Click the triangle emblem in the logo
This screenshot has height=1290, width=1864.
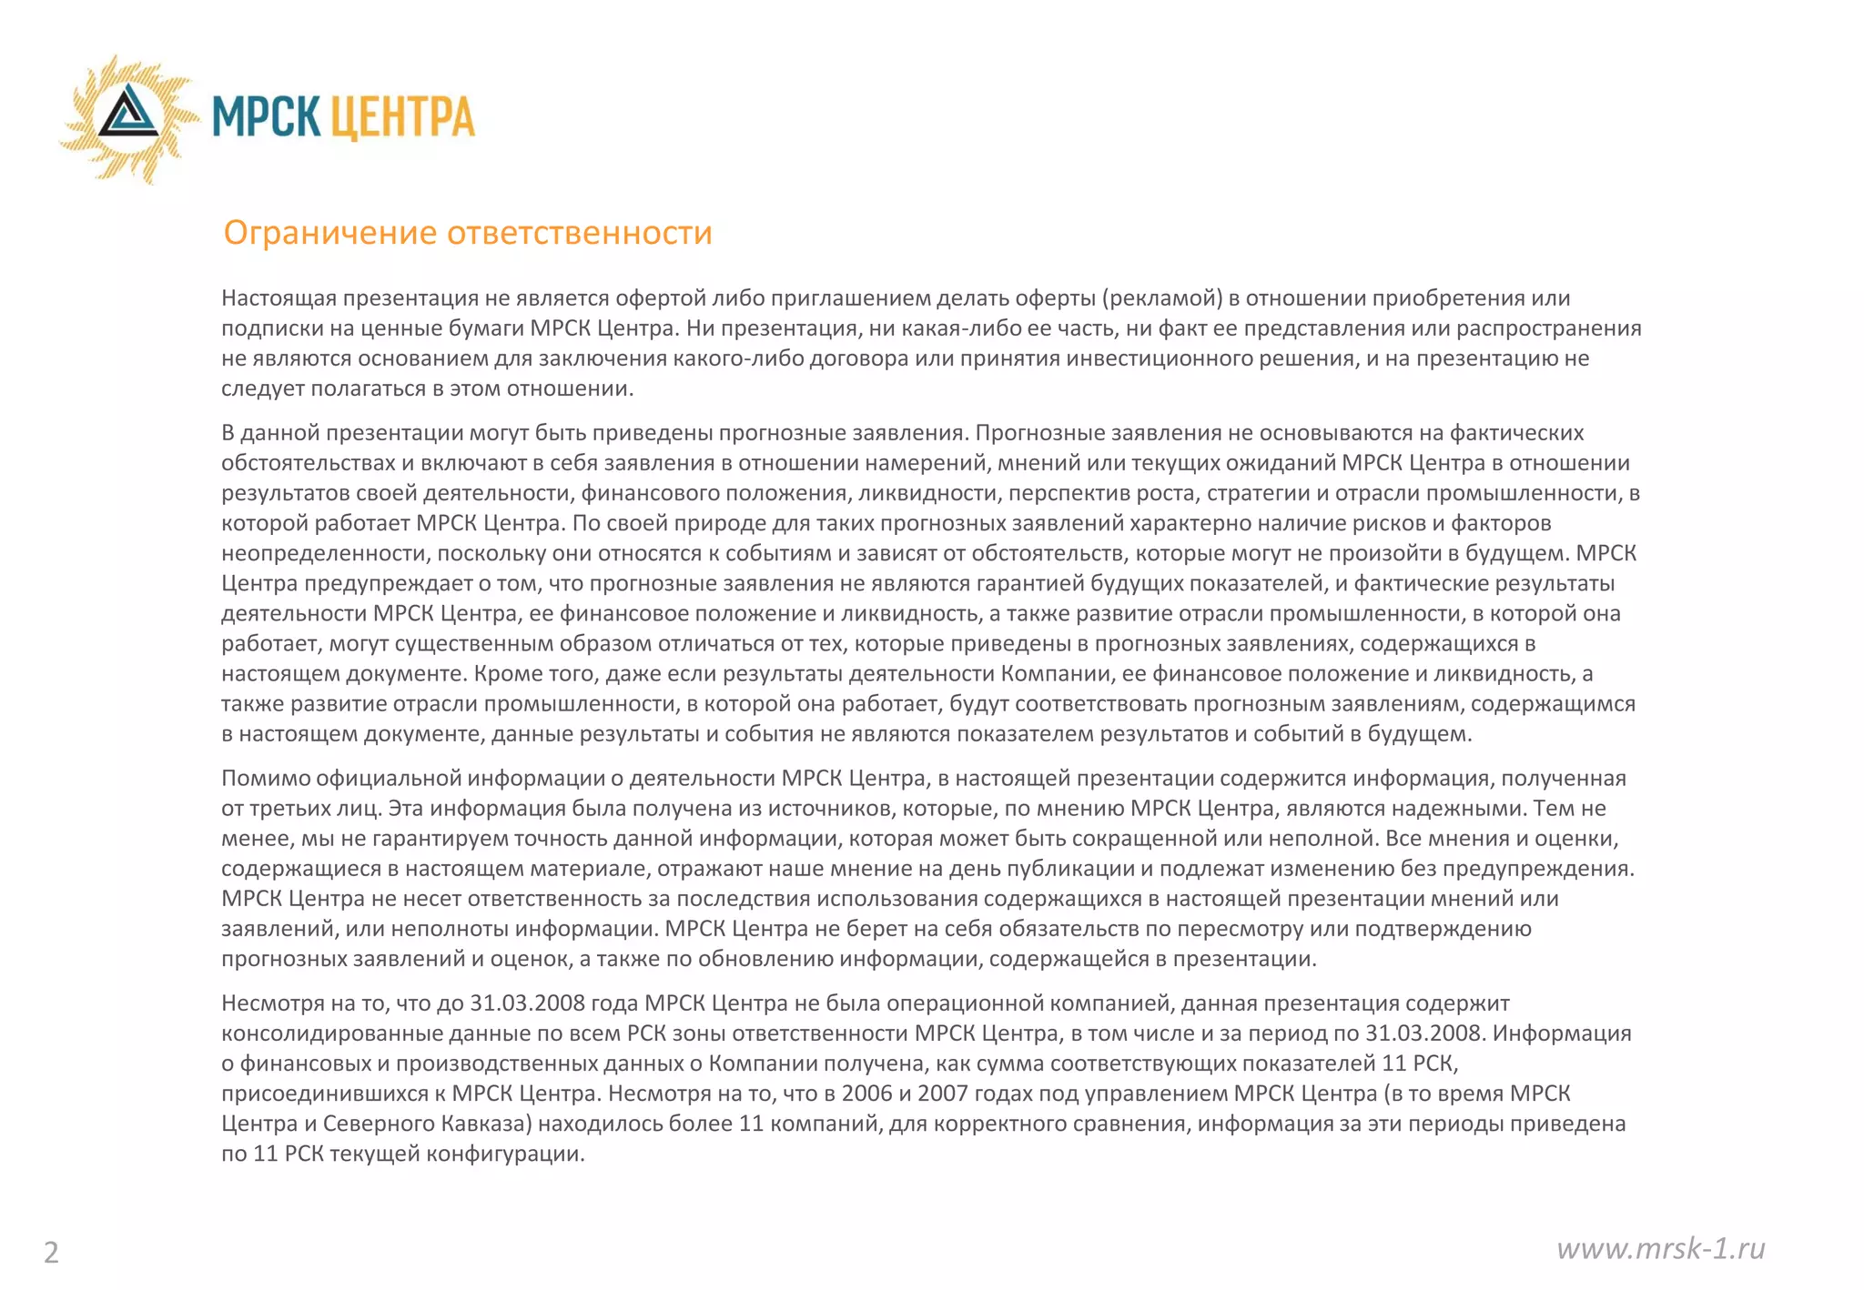coord(128,115)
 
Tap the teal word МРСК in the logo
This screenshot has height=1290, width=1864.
coord(266,117)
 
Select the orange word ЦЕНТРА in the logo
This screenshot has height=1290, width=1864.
coord(401,117)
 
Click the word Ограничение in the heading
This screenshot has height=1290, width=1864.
coord(330,233)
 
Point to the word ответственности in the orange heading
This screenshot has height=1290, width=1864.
coord(579,233)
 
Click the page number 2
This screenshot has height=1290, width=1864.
coord(51,1253)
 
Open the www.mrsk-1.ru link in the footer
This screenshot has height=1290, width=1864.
coord(1660,1248)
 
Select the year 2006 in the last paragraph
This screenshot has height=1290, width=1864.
coord(866,1093)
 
